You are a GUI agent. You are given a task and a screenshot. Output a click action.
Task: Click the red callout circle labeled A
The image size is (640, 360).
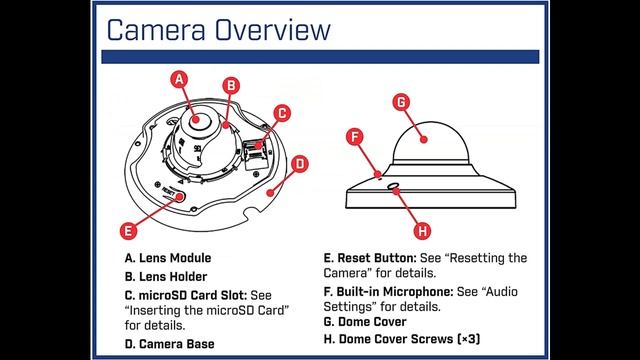179,79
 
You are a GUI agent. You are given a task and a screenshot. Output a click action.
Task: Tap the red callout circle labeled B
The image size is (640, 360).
231,86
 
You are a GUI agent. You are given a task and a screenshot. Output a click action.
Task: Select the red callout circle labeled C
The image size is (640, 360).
282,113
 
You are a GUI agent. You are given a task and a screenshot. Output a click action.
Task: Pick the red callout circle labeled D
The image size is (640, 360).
300,164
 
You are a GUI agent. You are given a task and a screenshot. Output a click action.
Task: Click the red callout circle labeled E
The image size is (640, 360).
128,231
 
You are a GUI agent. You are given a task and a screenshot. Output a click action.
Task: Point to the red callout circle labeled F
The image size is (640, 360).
355,137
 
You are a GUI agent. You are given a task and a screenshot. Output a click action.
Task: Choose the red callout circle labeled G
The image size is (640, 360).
401,102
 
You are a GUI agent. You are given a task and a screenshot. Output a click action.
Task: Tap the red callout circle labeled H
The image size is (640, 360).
422,231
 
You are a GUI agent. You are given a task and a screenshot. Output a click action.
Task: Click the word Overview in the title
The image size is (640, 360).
273,30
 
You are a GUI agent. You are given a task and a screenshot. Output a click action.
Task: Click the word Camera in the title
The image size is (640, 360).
156,30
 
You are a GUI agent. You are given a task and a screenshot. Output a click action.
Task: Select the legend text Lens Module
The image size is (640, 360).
175,258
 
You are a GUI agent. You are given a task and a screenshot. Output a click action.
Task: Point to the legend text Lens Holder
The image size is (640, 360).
173,277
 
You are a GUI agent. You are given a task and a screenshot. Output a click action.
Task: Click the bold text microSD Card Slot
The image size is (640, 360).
193,295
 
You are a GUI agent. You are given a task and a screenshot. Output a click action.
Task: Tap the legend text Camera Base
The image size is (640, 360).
176,344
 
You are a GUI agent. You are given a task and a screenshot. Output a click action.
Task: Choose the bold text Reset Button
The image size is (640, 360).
377,258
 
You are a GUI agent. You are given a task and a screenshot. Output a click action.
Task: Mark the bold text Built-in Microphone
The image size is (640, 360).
395,292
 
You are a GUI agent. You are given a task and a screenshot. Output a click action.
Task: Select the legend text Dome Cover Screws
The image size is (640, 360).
396,339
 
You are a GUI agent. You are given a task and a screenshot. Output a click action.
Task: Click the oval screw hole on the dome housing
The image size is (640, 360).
393,186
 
